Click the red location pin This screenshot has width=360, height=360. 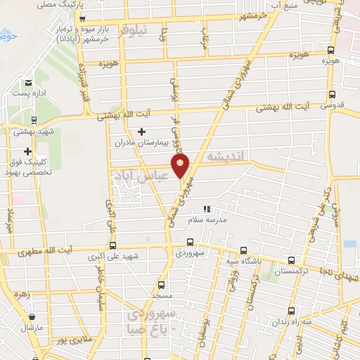pyautogui.click(x=181, y=167)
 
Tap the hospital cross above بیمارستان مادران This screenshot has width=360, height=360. pyautogui.click(x=142, y=131)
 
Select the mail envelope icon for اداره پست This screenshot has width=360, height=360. pyautogui.click(x=29, y=83)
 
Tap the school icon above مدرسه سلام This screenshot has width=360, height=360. pyautogui.click(x=206, y=210)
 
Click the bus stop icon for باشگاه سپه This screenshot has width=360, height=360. pyautogui.click(x=243, y=250)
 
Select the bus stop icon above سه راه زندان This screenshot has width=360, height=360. pyautogui.click(x=291, y=311)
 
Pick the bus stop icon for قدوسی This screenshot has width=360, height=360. pyautogui.click(x=331, y=94)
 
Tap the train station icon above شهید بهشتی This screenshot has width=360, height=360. pyautogui.click(x=34, y=121)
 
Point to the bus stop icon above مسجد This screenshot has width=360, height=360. pyautogui.click(x=162, y=285)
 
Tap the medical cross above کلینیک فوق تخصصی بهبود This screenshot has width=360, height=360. pyautogui.click(x=28, y=151)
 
